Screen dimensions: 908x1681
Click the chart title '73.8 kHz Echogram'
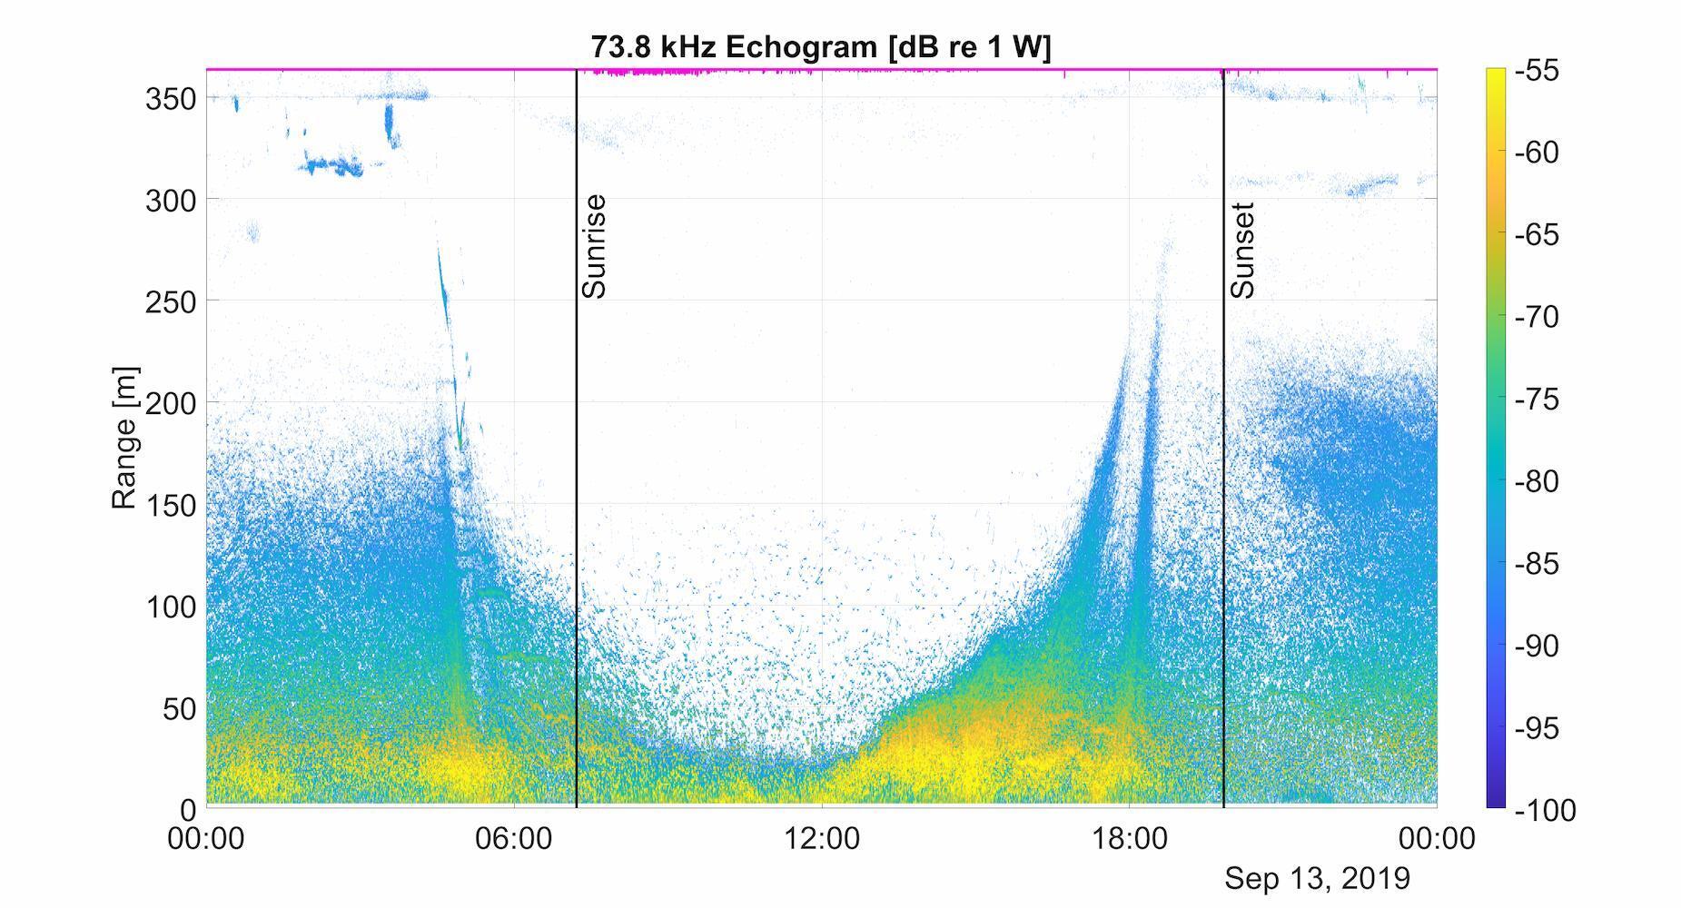click(820, 46)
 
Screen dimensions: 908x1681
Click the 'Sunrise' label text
click(594, 246)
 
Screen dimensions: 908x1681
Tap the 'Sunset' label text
click(1242, 251)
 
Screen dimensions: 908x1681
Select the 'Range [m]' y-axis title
click(124, 438)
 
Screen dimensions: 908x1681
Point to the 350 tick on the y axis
click(171, 99)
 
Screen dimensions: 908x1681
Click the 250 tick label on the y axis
click(171, 302)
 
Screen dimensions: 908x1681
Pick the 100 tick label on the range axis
click(171, 607)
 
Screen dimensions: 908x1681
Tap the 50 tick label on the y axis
click(179, 708)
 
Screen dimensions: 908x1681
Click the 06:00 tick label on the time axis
click(513, 838)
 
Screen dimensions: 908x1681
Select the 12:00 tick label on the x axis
click(821, 838)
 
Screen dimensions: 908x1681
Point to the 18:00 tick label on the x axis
click(1129, 838)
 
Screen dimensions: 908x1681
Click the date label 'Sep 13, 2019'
click(1317, 878)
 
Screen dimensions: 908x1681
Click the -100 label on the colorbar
click(1545, 810)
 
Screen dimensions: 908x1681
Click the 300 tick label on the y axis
click(171, 201)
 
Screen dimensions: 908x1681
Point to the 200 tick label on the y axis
click(171, 403)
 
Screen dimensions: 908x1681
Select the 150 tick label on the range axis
click(171, 505)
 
